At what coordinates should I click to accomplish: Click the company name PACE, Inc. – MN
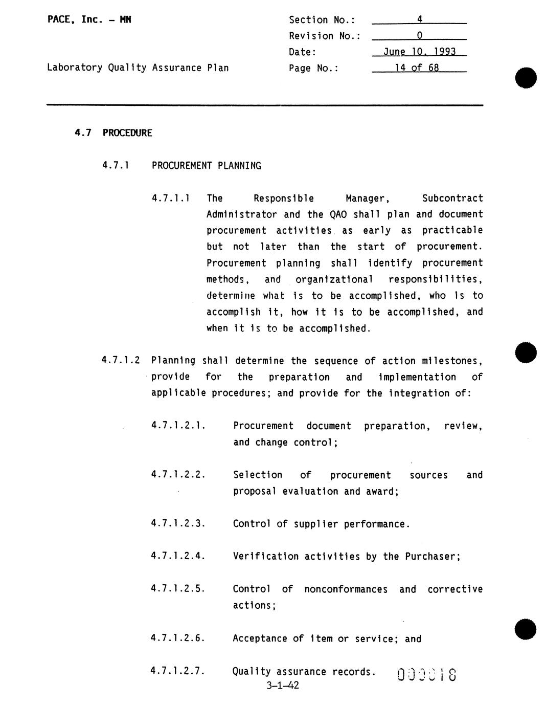89,20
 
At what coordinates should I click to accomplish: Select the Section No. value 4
419,20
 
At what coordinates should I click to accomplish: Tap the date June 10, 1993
419,52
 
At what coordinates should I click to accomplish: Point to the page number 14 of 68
417,68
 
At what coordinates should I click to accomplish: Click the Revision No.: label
325,36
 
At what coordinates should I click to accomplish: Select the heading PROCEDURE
127,133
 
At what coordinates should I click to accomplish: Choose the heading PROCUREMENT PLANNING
207,166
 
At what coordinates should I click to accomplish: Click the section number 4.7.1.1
171,198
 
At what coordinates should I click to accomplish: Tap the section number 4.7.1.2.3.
178,523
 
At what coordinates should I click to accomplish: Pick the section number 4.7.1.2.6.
178,638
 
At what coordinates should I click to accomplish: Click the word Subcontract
452,198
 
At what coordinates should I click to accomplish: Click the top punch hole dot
526,78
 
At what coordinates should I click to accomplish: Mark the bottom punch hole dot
526,629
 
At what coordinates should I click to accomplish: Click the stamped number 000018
426,675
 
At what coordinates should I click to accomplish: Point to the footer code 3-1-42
283,686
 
